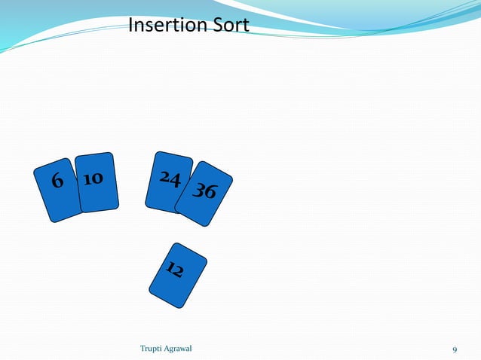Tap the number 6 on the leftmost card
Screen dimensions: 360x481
[x=57, y=182]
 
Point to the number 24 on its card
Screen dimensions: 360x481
[x=170, y=179]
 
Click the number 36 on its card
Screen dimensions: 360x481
[x=204, y=191]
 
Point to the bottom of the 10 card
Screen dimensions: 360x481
[x=99, y=209]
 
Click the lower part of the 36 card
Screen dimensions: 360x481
[x=196, y=219]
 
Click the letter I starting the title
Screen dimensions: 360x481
[x=131, y=26]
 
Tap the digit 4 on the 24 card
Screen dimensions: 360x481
[x=175, y=182]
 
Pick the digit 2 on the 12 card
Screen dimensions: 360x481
[x=179, y=273]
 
